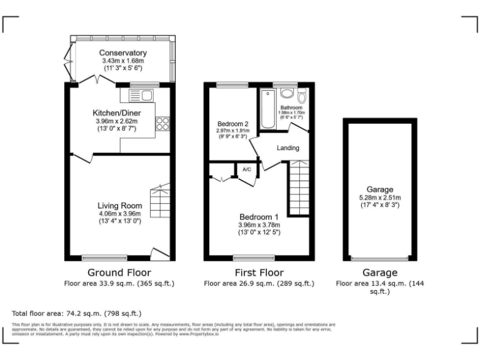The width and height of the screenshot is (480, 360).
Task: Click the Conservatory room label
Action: [122, 53]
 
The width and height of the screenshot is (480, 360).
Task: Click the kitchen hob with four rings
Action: [163, 124]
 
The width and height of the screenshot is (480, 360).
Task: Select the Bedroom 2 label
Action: [232, 123]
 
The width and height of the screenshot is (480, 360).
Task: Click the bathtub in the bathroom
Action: [268, 109]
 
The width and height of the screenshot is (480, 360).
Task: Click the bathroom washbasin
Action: [287, 93]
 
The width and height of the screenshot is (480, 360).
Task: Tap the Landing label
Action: [287, 148]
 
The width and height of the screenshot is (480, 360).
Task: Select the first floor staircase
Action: [299, 187]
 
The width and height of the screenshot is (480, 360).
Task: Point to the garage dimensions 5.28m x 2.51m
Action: [380, 197]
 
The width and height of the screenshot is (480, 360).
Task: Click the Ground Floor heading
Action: [119, 272]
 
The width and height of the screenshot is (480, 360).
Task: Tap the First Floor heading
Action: [259, 272]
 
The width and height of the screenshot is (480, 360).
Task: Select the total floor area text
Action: [77, 312]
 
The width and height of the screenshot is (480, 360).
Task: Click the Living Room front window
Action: [104, 257]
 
